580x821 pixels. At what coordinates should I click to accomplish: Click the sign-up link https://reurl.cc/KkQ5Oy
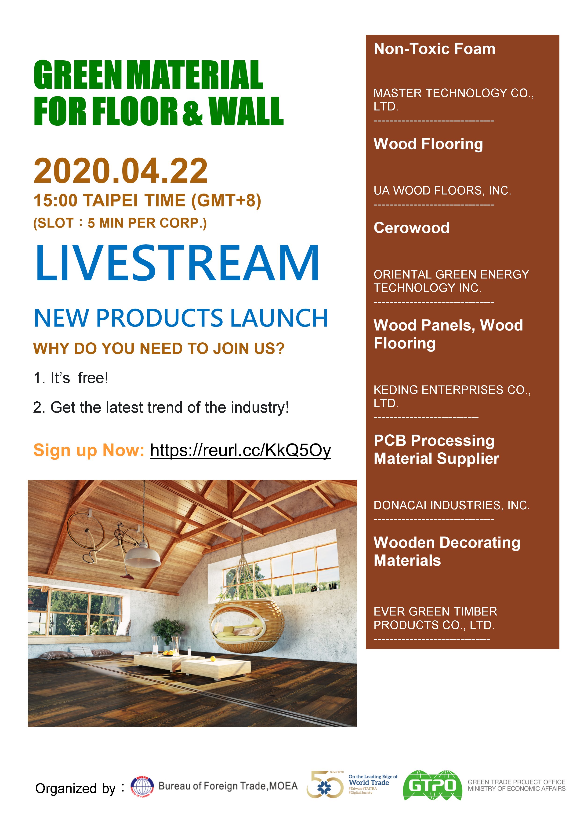pos(240,451)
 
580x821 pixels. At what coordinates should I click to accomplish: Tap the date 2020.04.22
pos(120,171)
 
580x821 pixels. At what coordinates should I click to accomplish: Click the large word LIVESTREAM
pos(177,263)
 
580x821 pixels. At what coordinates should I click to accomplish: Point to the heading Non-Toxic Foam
pos(434,49)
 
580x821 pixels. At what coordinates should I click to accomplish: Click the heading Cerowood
pos(411,228)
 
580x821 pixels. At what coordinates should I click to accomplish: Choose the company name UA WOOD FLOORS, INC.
pos(442,191)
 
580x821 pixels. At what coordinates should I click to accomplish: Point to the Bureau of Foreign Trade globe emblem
pos(142,787)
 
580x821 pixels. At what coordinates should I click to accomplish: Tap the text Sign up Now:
pos(89,450)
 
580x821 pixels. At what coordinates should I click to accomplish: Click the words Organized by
pos(75,788)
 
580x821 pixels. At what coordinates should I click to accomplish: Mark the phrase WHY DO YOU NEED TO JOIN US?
pos(159,349)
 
